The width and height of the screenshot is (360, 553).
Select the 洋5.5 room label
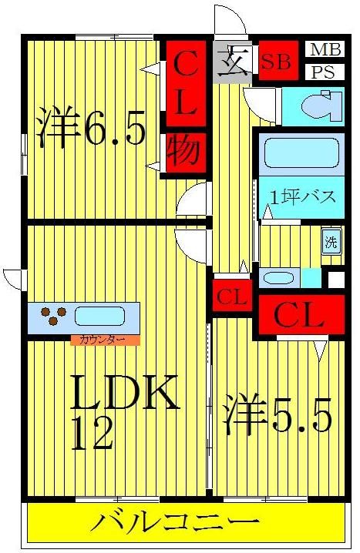[278, 416]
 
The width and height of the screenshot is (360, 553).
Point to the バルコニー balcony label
[182, 524]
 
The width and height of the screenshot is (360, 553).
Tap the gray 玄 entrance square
[232, 62]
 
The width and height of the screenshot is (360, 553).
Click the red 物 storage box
[186, 154]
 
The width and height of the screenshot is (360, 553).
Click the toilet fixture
[323, 106]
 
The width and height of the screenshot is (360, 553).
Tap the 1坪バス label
[301, 196]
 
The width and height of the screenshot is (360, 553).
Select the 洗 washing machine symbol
[330, 240]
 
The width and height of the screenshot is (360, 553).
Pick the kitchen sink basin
[99, 317]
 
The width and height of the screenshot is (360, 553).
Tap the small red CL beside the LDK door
[231, 297]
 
